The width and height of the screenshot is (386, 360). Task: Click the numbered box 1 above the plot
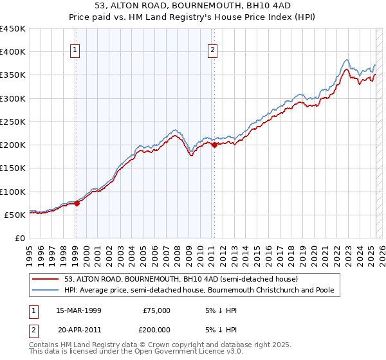click(75, 51)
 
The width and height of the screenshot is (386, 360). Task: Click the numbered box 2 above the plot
click(212, 51)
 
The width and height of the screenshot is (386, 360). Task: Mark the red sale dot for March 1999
click(77, 203)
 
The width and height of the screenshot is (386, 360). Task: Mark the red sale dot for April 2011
click(214, 145)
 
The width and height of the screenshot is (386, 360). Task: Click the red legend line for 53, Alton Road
click(47, 280)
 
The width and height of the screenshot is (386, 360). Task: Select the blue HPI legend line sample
click(47, 291)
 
